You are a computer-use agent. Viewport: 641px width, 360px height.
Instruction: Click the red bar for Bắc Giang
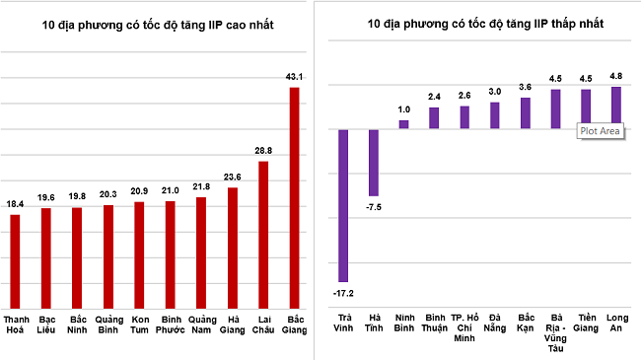(x=293, y=197)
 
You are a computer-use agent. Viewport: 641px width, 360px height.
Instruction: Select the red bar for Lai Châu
(x=262, y=235)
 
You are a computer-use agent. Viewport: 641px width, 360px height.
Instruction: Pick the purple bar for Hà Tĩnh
(x=373, y=163)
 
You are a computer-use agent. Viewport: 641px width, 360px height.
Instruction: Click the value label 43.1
(x=293, y=76)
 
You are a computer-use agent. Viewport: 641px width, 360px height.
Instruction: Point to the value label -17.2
(x=343, y=294)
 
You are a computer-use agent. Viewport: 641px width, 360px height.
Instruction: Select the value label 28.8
(x=262, y=150)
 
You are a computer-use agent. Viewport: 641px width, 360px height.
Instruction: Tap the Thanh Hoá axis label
(x=16, y=325)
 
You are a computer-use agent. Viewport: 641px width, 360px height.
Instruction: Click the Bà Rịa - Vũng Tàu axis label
(x=556, y=331)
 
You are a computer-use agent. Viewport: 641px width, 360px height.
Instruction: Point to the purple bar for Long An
(x=616, y=108)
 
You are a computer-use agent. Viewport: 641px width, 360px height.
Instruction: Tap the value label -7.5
(x=373, y=208)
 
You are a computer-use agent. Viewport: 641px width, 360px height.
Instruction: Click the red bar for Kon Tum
(x=139, y=254)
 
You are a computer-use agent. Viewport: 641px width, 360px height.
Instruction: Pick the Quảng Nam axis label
(x=201, y=325)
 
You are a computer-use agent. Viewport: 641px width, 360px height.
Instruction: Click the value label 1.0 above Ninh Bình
(x=403, y=108)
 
